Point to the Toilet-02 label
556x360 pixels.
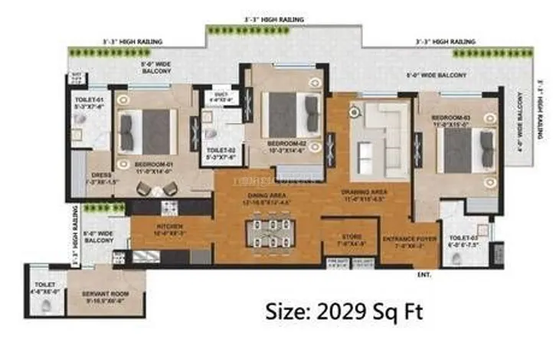coord(220,153)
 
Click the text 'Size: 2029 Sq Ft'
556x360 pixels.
coord(343,312)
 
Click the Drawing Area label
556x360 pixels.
coord(364,195)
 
